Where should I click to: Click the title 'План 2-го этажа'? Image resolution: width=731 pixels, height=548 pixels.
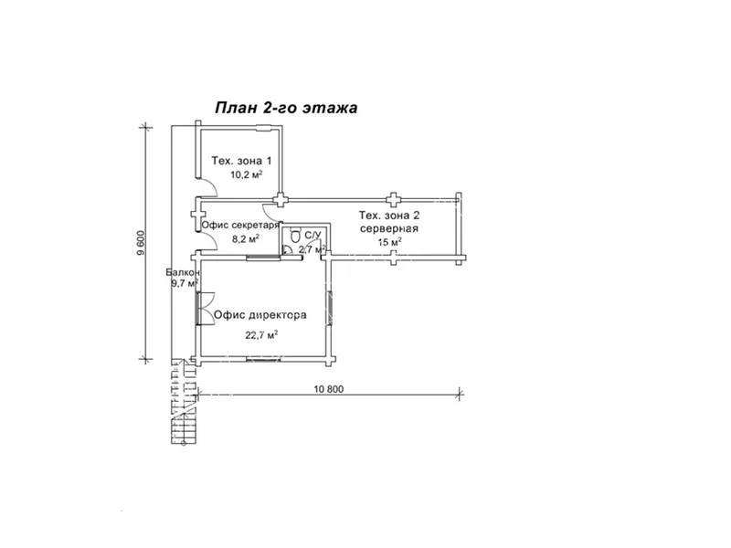(286, 108)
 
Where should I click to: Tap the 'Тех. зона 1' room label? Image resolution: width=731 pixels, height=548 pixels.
(241, 161)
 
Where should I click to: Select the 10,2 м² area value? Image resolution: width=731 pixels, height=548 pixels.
(246, 174)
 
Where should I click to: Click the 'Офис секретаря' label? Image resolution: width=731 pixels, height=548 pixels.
(240, 225)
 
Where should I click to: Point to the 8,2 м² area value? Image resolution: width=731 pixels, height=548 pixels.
(246, 239)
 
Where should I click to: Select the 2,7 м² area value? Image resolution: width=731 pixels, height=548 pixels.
(312, 249)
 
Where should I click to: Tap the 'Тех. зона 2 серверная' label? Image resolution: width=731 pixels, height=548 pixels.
(389, 222)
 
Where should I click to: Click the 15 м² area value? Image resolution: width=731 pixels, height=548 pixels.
(390, 242)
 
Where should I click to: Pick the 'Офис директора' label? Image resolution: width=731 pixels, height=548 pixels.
(260, 315)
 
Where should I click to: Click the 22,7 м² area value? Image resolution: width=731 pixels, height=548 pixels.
(261, 334)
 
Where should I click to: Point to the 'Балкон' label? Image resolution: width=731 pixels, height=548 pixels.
(184, 272)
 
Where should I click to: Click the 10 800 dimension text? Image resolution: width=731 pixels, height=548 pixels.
(329, 389)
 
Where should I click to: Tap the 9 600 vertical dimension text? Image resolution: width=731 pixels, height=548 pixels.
(142, 242)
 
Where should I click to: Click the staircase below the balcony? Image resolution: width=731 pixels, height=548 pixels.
(184, 402)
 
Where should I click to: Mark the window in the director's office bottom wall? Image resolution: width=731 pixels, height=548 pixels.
(263, 359)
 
